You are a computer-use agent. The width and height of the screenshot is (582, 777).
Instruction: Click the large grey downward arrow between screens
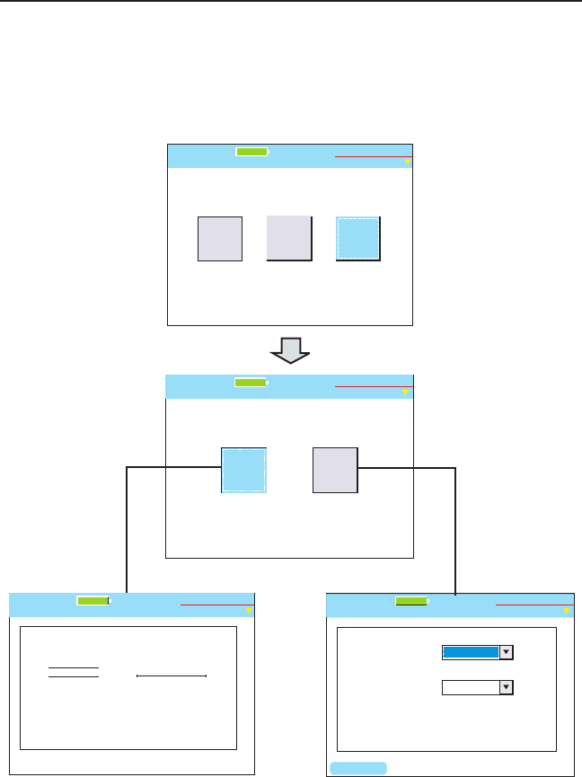[290, 349]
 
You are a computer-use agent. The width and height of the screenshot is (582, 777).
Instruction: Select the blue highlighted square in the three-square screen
[358, 239]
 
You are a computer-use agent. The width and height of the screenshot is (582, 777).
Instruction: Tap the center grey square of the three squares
[289, 239]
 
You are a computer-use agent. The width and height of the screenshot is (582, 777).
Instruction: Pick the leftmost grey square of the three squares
[220, 239]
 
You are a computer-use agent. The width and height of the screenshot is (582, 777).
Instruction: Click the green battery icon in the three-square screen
[252, 152]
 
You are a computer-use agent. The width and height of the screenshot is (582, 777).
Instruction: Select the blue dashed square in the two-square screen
[243, 470]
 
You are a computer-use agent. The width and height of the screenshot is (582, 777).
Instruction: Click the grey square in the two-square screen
[335, 470]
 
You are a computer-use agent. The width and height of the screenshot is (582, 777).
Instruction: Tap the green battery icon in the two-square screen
[251, 382]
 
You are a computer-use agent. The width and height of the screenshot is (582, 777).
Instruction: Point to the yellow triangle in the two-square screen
[406, 393]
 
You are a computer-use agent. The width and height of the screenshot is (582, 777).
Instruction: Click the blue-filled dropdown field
[471, 652]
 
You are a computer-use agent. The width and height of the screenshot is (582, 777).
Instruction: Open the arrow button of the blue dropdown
[506, 652]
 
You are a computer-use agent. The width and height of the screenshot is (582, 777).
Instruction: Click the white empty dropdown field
[471, 687]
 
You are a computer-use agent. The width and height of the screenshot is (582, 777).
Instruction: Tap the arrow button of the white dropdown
[506, 687]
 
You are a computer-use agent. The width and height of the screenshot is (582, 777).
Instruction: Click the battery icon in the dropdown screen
[412, 601]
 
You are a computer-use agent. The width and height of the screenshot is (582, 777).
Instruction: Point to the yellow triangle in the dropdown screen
[567, 612]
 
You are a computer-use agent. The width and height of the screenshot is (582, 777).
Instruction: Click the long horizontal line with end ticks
[172, 674]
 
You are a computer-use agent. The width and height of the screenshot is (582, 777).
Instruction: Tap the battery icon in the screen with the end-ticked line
[93, 601]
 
